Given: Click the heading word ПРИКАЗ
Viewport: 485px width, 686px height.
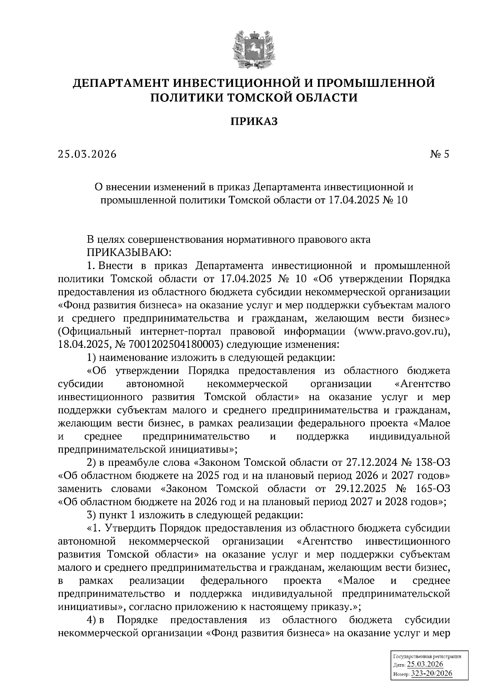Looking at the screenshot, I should [254, 121].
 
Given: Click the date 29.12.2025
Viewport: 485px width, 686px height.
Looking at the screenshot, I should [361, 489].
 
